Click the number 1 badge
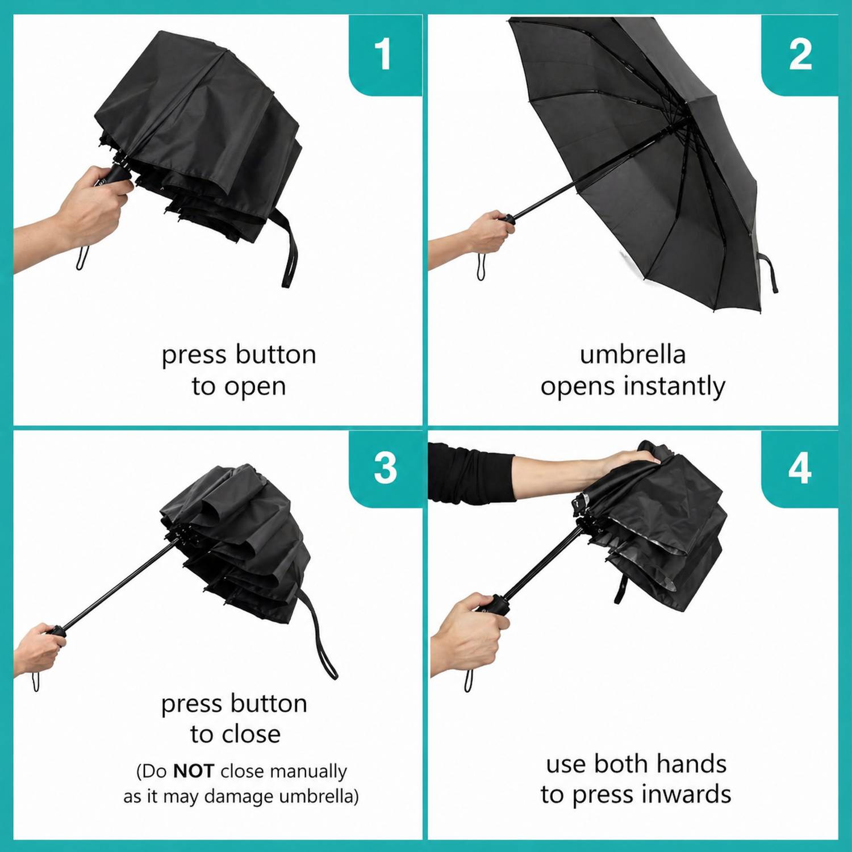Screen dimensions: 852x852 385,55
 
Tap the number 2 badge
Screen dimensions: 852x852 800,55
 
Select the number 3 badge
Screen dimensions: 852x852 385,468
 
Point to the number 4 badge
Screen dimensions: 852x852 800,468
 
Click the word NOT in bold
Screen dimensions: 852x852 193,771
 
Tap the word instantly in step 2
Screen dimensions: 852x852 674,387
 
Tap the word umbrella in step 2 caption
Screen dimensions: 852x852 633,354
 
